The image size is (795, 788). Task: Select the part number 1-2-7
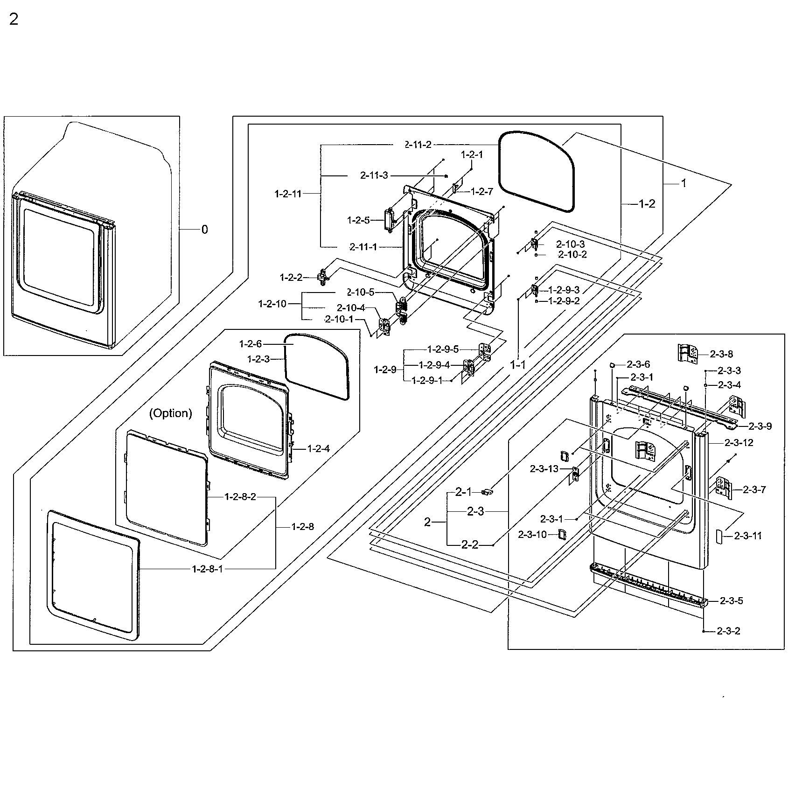(482, 191)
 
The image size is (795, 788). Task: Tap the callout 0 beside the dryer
(204, 230)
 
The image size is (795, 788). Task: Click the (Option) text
(171, 413)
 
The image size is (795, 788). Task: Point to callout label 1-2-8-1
(207, 569)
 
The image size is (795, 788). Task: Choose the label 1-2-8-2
(240, 496)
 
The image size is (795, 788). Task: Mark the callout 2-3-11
(747, 536)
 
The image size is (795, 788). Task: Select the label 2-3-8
(721, 354)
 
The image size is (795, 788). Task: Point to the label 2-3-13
(544, 469)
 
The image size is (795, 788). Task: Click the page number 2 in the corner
(14, 20)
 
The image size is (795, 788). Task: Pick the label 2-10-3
(570, 244)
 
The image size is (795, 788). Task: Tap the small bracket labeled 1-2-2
(322, 277)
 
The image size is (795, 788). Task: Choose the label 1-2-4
(318, 448)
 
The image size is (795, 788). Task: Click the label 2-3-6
(638, 364)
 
